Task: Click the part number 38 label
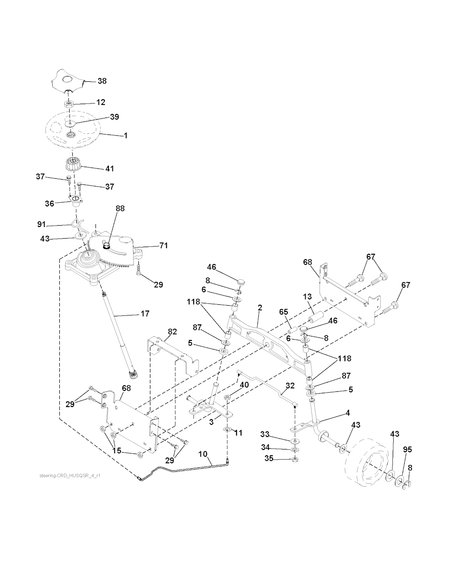click(x=102, y=81)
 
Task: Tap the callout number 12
click(x=101, y=102)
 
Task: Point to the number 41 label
click(x=109, y=169)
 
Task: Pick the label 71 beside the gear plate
click(x=163, y=246)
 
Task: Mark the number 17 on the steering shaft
click(x=145, y=314)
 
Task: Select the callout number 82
click(x=172, y=332)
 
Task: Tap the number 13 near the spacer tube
click(x=307, y=297)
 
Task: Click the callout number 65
click(x=284, y=312)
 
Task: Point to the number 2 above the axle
click(x=260, y=308)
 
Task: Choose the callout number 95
click(x=408, y=449)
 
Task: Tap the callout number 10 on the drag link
click(x=203, y=454)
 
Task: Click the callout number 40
click(x=244, y=385)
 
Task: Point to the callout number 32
click(x=290, y=385)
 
